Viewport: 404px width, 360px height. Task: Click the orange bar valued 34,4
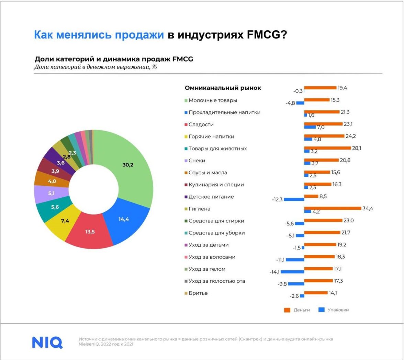(333, 208)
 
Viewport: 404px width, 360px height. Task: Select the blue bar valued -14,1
(292, 272)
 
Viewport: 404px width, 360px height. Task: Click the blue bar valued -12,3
(294, 199)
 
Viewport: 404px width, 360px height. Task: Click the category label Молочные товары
(213, 100)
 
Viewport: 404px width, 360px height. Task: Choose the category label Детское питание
(211, 197)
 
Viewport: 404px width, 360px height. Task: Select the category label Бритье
(198, 293)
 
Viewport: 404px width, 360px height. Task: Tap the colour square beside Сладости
(186, 124)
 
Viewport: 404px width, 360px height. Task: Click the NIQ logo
(47, 342)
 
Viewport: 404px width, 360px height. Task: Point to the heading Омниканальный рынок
(223, 88)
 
